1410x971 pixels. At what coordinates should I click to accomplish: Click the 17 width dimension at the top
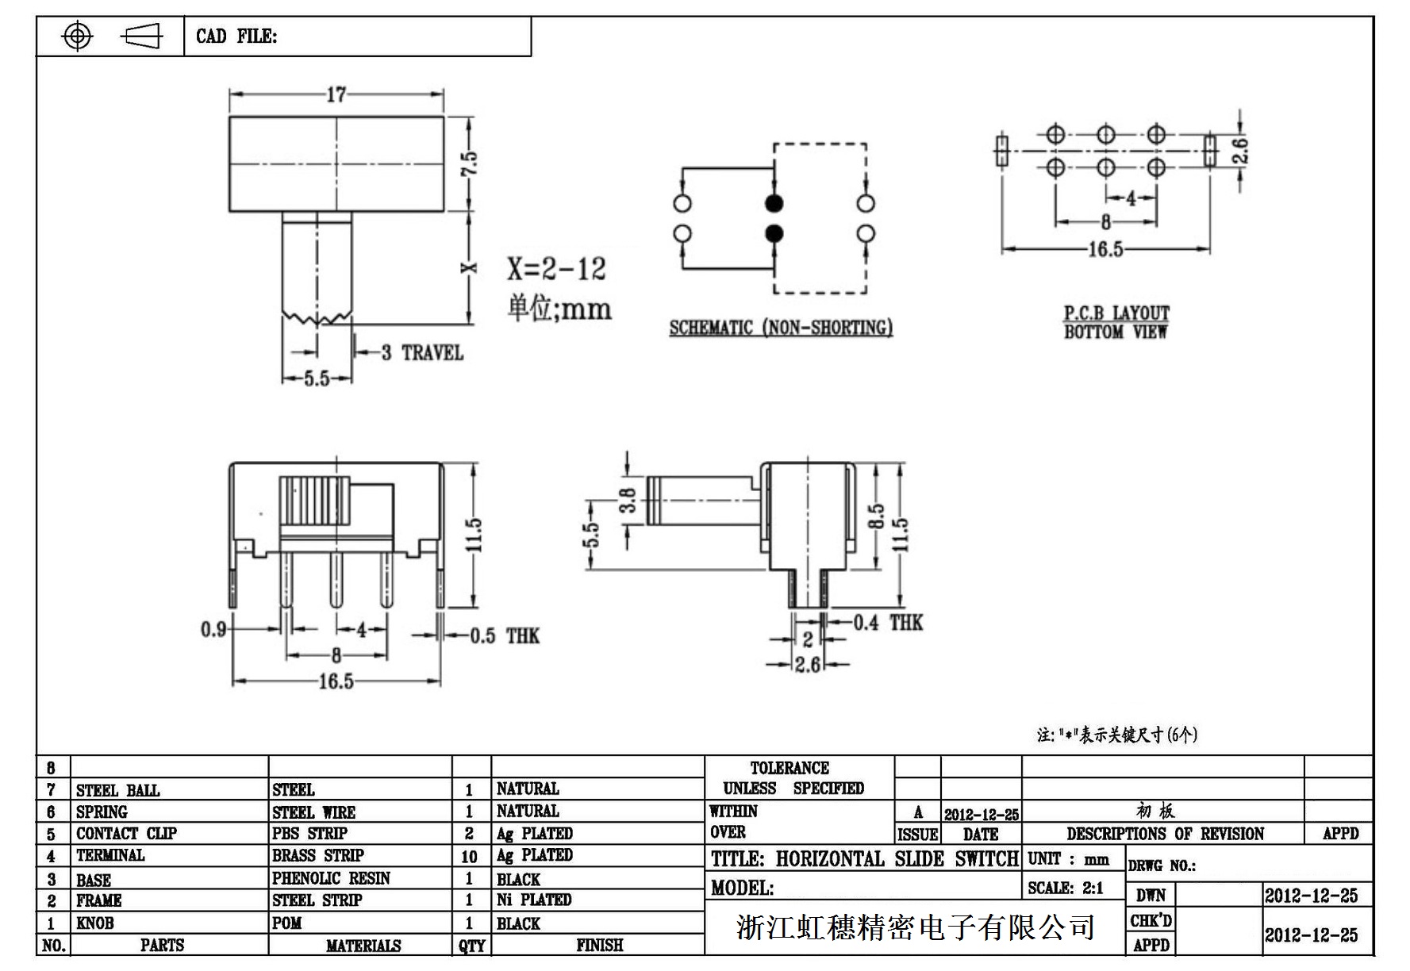click(336, 95)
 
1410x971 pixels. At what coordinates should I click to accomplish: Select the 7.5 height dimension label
click(470, 164)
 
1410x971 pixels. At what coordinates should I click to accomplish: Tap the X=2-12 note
click(556, 269)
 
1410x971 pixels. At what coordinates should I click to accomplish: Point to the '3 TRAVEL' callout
click(421, 353)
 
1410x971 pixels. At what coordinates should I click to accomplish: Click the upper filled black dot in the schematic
click(774, 203)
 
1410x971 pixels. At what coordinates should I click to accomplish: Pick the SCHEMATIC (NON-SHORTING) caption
click(781, 328)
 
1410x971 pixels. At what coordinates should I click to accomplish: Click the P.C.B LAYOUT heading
click(1116, 313)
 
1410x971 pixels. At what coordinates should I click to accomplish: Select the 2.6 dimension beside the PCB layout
click(1240, 151)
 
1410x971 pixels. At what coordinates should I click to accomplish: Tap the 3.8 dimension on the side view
click(628, 501)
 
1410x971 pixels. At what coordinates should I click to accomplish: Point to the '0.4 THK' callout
click(888, 624)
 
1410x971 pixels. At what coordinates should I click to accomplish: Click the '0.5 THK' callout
click(504, 636)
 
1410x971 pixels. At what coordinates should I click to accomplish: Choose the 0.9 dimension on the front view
click(213, 630)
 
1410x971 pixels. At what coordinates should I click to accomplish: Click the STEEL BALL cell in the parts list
click(117, 791)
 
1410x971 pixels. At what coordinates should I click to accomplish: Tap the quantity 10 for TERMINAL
click(470, 857)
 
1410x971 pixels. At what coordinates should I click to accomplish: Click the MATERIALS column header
click(363, 946)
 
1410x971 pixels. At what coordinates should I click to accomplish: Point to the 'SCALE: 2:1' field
click(1066, 888)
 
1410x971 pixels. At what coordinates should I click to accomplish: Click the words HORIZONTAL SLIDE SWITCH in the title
click(897, 859)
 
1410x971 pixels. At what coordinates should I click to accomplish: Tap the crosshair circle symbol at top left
click(77, 36)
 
